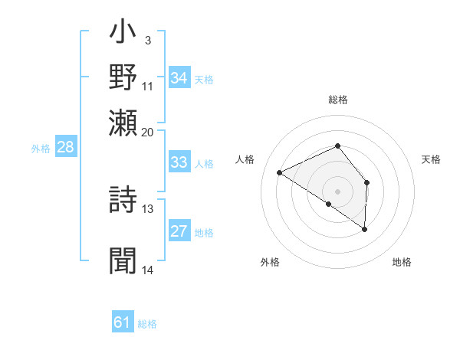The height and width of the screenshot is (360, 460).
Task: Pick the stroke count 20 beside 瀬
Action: (x=148, y=132)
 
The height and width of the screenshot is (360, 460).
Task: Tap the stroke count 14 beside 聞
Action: (x=148, y=270)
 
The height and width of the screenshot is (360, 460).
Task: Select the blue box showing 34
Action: (x=179, y=78)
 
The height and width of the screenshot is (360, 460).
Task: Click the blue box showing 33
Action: (x=179, y=162)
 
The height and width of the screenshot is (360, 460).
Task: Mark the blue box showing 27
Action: (x=179, y=232)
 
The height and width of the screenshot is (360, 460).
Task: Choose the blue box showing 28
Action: (x=65, y=148)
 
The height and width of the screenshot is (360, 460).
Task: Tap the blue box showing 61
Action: (x=123, y=323)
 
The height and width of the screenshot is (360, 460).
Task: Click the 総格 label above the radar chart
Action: (x=337, y=100)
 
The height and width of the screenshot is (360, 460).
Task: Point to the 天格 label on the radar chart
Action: (x=431, y=159)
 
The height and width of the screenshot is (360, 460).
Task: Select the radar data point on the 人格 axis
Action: (x=280, y=172)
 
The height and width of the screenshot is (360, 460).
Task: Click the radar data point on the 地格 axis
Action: (x=365, y=229)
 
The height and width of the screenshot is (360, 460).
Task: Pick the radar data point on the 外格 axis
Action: (x=328, y=204)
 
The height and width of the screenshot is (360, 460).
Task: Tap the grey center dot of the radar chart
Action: (x=337, y=191)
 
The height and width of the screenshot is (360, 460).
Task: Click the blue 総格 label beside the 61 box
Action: (x=147, y=324)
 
